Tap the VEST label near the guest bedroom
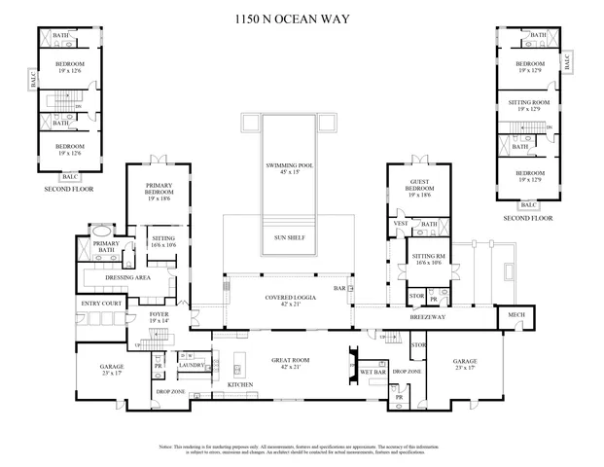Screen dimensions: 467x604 [x=401, y=223]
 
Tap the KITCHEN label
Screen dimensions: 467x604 [x=240, y=385]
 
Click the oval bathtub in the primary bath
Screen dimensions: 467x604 [x=100, y=231]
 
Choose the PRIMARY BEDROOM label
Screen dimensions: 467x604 [x=159, y=189]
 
